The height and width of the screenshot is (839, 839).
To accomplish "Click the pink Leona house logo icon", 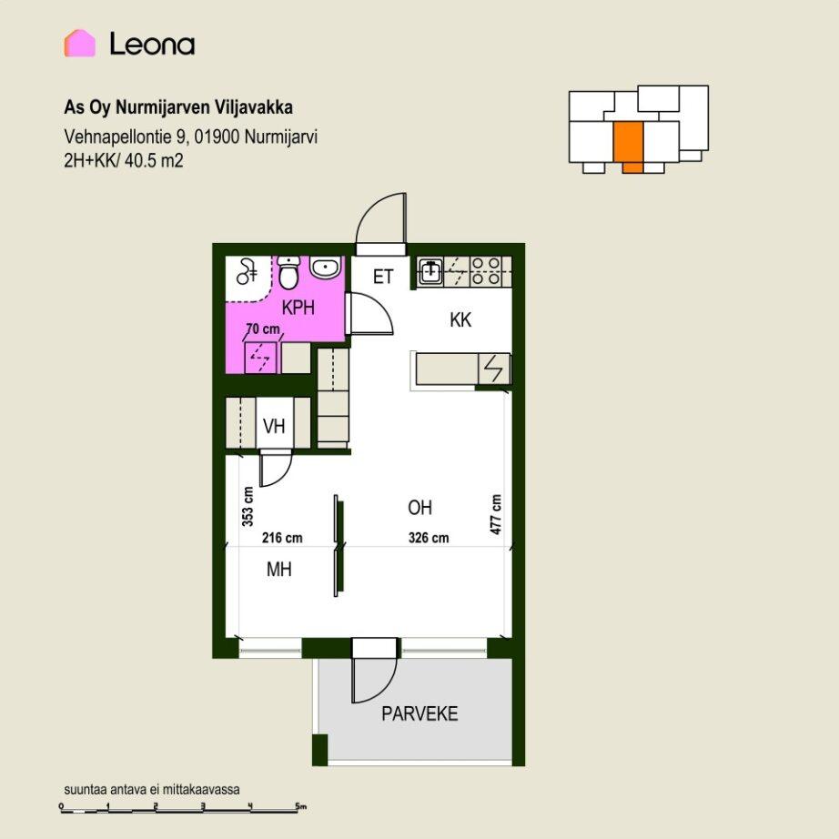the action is tap(80, 44).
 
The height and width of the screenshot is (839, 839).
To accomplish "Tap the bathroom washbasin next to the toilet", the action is tap(326, 267).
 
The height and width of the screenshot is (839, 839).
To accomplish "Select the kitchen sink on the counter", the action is tap(430, 271).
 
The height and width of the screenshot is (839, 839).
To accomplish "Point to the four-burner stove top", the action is tap(486, 271).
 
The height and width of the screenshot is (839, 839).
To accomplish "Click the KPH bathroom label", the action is tap(298, 308).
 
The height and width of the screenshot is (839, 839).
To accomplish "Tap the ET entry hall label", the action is tap(383, 277).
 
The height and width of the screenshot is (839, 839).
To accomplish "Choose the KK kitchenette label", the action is tap(460, 320).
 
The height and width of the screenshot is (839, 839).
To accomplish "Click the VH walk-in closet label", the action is tap(274, 427).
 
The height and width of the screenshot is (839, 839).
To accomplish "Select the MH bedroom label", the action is tap(278, 570).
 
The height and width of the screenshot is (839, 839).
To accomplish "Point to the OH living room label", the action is tap(419, 508).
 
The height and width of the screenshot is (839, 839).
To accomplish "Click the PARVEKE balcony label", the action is tap(419, 713).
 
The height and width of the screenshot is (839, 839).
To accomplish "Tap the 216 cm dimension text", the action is tap(282, 538).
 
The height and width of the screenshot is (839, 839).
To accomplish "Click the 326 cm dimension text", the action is tap(429, 538).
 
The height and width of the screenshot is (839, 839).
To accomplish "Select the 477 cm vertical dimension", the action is tap(496, 514).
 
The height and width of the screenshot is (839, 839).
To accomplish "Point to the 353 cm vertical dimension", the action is tap(248, 506).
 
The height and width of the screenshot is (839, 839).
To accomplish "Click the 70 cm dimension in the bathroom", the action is tap(263, 329).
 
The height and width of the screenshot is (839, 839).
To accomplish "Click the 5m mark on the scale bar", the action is tap(300, 806).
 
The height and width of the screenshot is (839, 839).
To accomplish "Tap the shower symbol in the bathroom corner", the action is tap(247, 271).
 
